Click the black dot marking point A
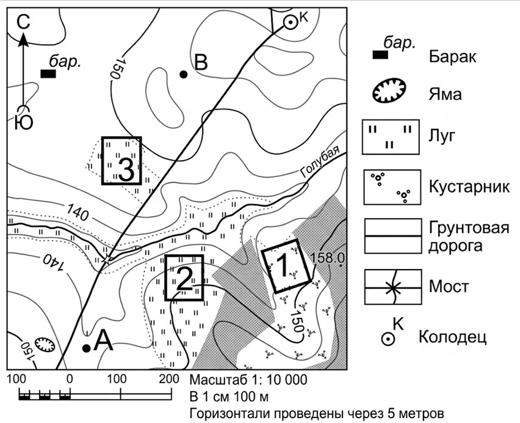(86, 348)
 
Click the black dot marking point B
(183, 75)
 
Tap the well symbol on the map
(290, 23)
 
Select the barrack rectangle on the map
(48, 74)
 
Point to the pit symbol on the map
(45, 345)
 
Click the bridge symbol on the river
(107, 260)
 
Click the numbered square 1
(286, 266)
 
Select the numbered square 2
(184, 278)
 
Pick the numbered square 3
(121, 161)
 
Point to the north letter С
(23, 23)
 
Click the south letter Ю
(24, 122)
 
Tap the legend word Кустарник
(469, 188)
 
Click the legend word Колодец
(452, 337)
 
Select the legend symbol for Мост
(393, 287)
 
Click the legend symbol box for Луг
(391, 137)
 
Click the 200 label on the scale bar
(170, 379)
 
